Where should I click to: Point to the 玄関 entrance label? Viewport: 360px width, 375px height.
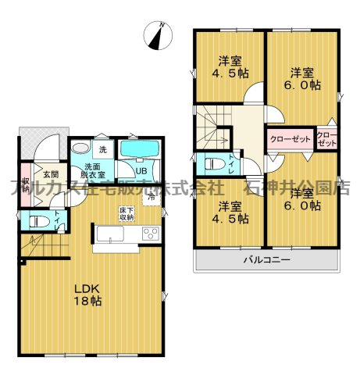point(51,174)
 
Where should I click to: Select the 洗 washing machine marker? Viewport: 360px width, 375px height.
point(103,149)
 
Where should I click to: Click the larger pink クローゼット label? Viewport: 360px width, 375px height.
point(290,139)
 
